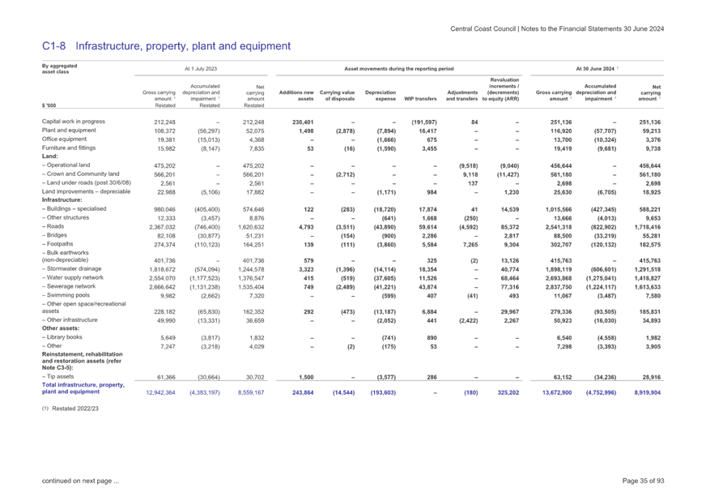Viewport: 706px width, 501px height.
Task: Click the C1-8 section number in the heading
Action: (x=53, y=46)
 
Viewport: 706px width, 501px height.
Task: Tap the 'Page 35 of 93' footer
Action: (x=643, y=481)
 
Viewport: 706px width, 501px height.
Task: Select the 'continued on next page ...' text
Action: (x=81, y=481)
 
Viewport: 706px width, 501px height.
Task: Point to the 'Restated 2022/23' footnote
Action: (x=75, y=409)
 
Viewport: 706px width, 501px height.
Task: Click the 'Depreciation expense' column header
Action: (x=381, y=96)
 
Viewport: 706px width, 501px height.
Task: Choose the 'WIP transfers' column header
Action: (x=420, y=99)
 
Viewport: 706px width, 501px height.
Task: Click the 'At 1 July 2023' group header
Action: (x=201, y=69)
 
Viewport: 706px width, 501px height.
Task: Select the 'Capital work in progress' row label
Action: (x=74, y=122)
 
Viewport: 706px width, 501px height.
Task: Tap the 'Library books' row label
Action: (x=65, y=337)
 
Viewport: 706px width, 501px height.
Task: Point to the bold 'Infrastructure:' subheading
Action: (x=62, y=199)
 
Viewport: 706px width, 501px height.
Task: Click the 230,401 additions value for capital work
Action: (x=303, y=122)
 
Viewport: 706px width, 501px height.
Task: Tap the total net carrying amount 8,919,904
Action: (x=648, y=392)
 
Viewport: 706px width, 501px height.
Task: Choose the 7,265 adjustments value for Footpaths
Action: (x=470, y=245)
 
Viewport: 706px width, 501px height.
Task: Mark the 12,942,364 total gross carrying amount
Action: (x=161, y=392)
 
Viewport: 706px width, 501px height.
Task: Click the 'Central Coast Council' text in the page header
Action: (x=483, y=29)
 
